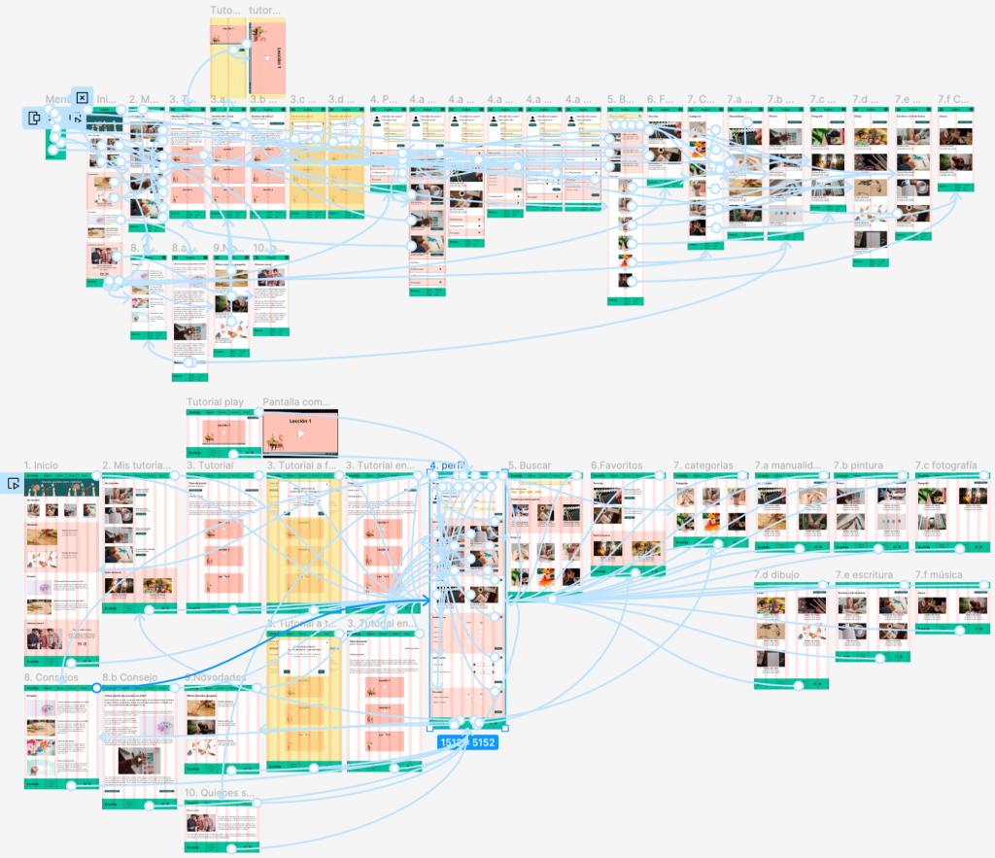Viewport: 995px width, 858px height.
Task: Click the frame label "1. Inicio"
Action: point(41,465)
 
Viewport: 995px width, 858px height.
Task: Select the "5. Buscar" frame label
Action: point(529,465)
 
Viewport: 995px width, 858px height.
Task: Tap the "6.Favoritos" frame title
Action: point(616,465)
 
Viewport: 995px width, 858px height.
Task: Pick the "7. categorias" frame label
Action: point(703,465)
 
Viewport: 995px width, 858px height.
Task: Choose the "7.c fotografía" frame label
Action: point(945,465)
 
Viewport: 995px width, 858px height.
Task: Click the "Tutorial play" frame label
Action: point(215,401)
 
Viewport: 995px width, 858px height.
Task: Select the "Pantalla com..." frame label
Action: point(296,401)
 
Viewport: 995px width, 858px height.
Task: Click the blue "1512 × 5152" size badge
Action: point(467,743)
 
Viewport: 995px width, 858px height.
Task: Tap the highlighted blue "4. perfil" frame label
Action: point(449,465)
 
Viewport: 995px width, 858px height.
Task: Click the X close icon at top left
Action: point(83,97)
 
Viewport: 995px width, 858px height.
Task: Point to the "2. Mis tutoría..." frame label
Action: point(136,465)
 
